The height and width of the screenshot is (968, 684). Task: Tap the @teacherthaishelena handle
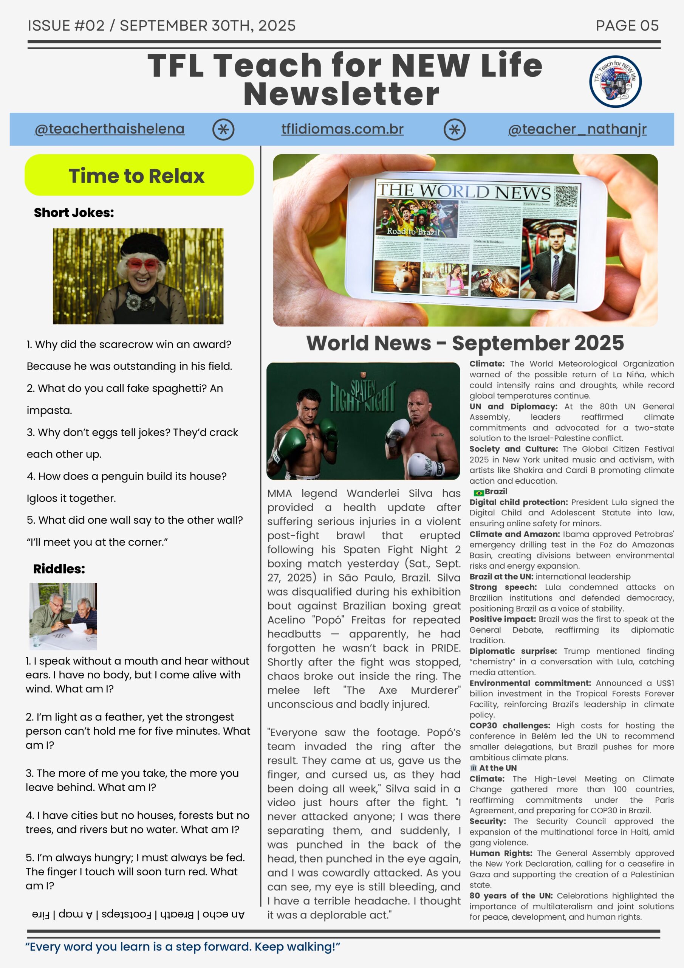pos(110,129)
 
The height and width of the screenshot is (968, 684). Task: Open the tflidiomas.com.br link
pos(342,129)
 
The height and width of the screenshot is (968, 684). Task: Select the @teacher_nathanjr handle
pos(577,129)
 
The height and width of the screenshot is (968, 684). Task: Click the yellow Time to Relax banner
pos(139,175)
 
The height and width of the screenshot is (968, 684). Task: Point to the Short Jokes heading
pos(74,213)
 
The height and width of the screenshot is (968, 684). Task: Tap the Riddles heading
pos(59,569)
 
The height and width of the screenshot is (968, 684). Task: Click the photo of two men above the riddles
pos(63,616)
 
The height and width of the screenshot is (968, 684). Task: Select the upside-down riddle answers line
pos(138,914)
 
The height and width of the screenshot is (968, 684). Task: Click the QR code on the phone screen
pos(566,196)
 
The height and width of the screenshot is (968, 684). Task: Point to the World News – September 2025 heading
pos(465,343)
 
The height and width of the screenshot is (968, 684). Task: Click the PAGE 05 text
pos(627,26)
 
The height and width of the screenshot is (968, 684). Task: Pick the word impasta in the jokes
pos(49,410)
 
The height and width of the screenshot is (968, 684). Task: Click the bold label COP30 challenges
pos(509,726)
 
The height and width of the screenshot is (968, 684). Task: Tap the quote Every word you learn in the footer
pos(183,946)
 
